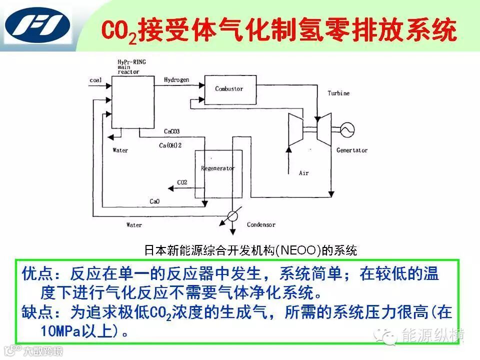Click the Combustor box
[228, 89]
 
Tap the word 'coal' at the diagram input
[95, 80]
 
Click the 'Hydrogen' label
[176, 80]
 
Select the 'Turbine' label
[338, 93]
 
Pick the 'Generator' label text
[351, 150]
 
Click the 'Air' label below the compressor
[304, 173]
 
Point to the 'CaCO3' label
[171, 131]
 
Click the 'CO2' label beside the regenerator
[182, 183]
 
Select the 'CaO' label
[154, 201]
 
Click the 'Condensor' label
[261, 225]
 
